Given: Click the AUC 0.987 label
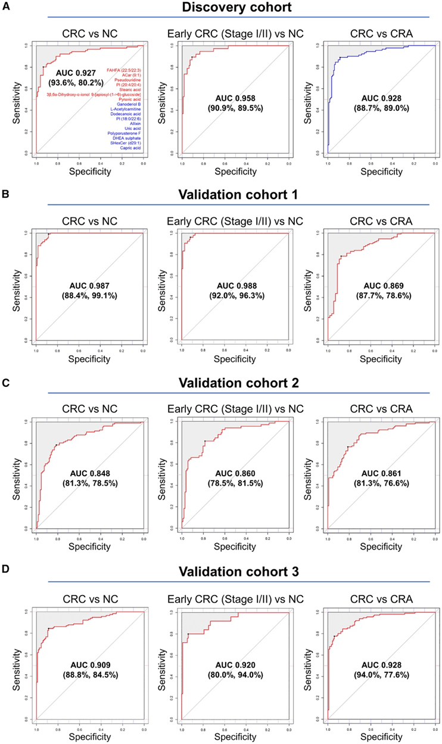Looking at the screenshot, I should pyautogui.click(x=87, y=286).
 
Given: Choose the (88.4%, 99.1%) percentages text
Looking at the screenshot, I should pyautogui.click(x=87, y=296).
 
